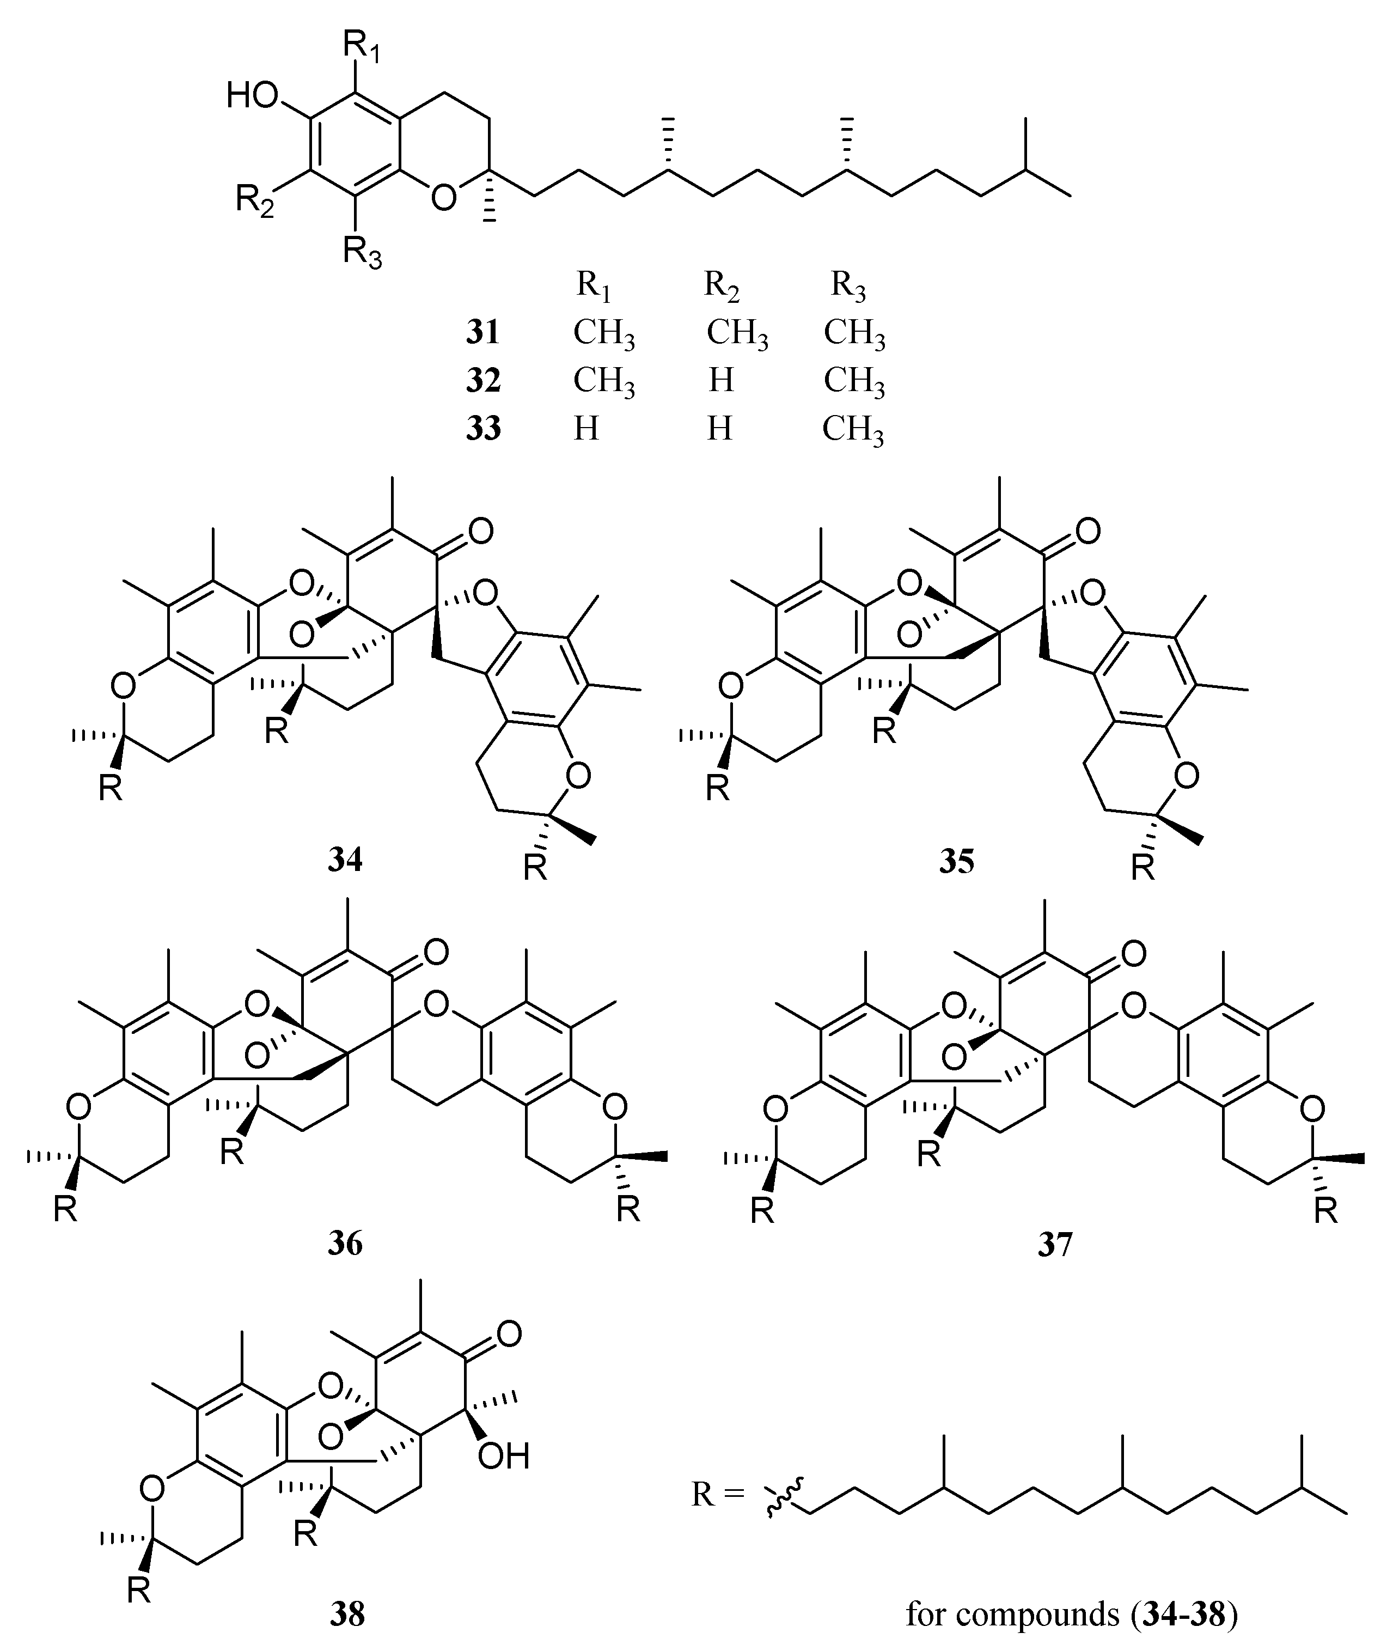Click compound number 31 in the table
[482, 332]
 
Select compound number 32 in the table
[482, 381]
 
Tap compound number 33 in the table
[482, 429]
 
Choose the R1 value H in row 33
[586, 429]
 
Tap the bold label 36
[346, 1243]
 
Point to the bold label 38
[347, 1615]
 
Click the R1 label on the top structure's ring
[363, 50]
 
